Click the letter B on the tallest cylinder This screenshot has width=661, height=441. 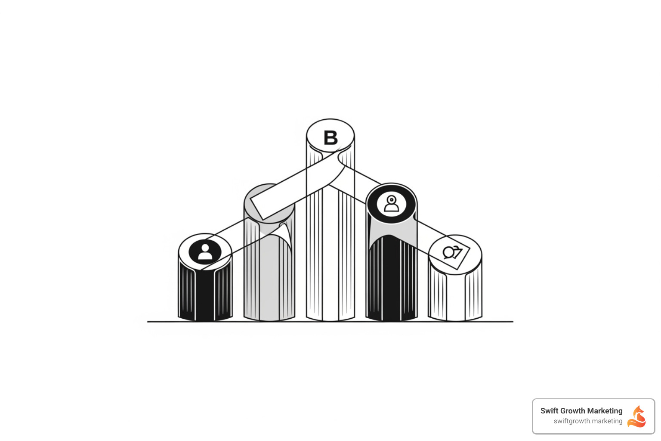(330, 138)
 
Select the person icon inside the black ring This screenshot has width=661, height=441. (391, 204)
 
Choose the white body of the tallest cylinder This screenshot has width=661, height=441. (330, 258)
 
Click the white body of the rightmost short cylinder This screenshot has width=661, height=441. (455, 297)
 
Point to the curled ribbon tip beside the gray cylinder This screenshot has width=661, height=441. (284, 233)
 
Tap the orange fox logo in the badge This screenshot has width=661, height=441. (637, 416)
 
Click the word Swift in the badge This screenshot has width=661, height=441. (549, 411)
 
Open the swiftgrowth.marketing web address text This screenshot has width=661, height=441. (588, 421)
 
